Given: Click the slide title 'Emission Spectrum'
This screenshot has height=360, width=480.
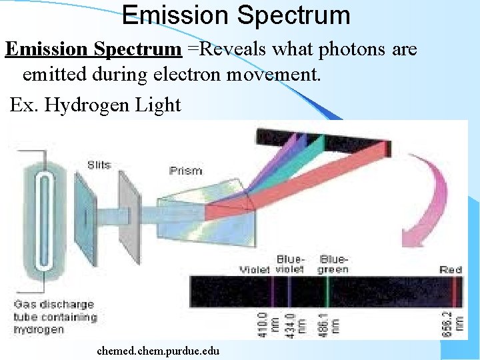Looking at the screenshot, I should (236, 15).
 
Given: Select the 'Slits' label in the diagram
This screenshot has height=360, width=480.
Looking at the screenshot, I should (99, 165).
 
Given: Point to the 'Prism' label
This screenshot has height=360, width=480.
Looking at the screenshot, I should (185, 171).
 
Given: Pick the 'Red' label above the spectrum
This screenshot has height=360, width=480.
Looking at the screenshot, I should (451, 269).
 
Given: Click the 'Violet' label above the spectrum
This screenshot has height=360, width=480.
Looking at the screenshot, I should (255, 270).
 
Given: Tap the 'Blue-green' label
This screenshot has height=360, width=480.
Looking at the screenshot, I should (333, 264).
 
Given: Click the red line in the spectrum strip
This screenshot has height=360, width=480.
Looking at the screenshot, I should (455, 291).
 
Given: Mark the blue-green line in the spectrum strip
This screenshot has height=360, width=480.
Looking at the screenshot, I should (326, 291).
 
